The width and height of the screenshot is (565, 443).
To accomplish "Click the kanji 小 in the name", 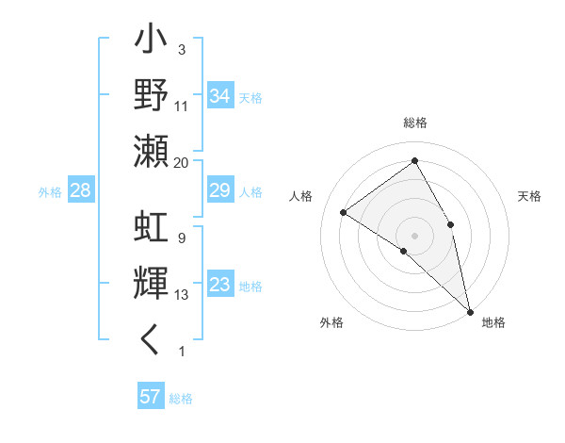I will click(x=152, y=43).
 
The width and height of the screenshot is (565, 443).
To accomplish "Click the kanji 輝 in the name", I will click(x=152, y=284).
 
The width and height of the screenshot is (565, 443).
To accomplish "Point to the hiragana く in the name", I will click(x=152, y=338).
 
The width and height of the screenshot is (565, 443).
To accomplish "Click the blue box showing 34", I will click(x=220, y=95).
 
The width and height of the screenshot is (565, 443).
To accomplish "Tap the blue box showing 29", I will click(x=220, y=191).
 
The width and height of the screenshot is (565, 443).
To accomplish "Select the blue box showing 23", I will click(x=220, y=286).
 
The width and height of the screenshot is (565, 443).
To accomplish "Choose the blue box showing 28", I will click(x=81, y=191).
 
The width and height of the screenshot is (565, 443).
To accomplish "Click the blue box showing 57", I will click(x=151, y=397).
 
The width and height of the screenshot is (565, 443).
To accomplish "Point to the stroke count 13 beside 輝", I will click(x=182, y=295).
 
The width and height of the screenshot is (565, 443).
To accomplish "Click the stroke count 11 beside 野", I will click(x=182, y=107).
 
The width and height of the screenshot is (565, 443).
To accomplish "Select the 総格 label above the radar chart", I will click(x=415, y=123).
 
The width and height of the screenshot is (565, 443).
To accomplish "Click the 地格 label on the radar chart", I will click(x=493, y=323).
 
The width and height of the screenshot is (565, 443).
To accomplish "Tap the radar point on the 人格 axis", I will click(x=344, y=212).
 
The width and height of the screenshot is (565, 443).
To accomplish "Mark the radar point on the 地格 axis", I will click(x=470, y=311).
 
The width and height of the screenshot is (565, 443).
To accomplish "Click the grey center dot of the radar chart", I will click(x=415, y=235).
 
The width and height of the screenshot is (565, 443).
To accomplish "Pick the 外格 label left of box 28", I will click(x=50, y=192).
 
